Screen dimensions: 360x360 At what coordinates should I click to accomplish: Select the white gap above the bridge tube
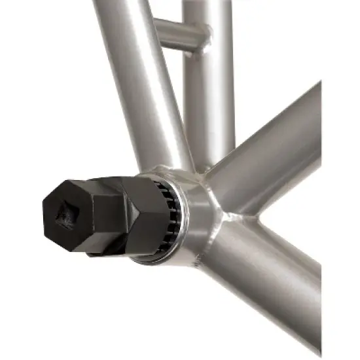click(167, 10)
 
